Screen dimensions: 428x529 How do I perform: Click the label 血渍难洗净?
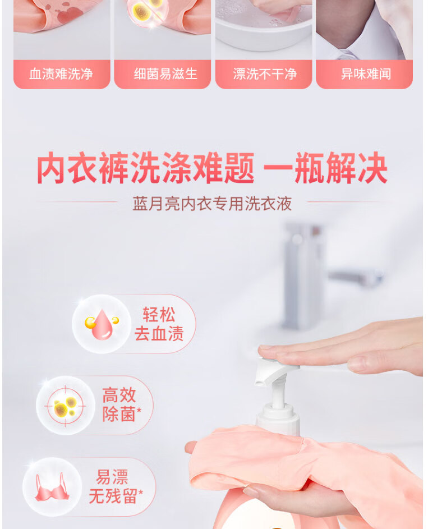pyautogui.click(x=61, y=74)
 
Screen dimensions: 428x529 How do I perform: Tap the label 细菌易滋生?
pyautogui.click(x=165, y=74)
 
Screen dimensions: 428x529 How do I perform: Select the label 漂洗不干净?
pyautogui.click(x=265, y=74)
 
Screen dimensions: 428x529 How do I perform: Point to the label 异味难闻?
pyautogui.click(x=366, y=74)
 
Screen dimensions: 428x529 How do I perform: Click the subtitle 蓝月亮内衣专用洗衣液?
pyautogui.click(x=212, y=204)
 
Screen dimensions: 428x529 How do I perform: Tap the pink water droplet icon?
pyautogui.click(x=102, y=324)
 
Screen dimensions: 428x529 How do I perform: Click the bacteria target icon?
pyautogui.click(x=66, y=406)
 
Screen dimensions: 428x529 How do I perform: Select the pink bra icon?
pyautogui.click(x=52, y=487)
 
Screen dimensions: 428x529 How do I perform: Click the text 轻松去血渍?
pyautogui.click(x=159, y=324)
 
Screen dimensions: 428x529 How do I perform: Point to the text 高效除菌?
pyautogui.click(x=122, y=404)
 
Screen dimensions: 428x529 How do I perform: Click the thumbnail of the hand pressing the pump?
pyautogui.click(x=364, y=30)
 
